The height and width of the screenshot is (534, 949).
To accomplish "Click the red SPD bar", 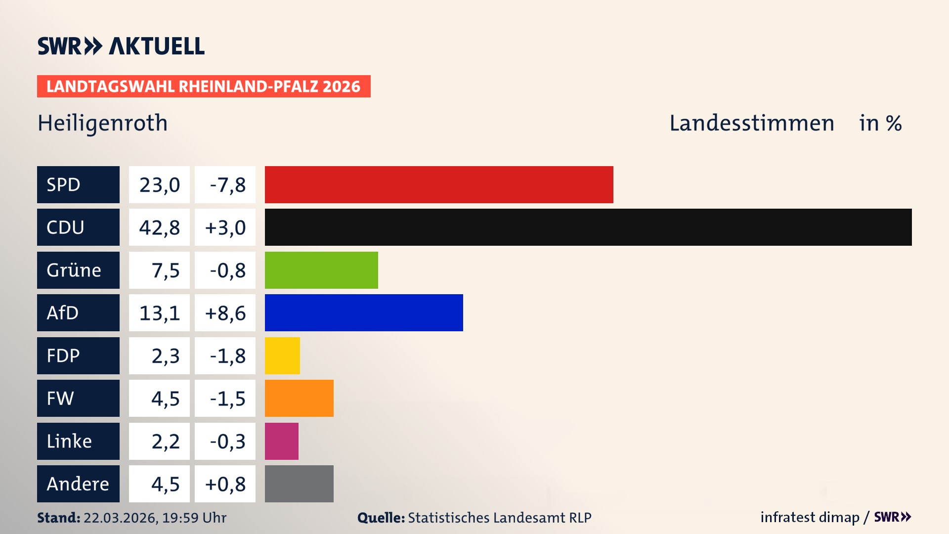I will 439,184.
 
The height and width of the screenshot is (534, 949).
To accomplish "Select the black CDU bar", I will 588,227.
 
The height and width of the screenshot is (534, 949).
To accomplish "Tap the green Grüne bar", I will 321,270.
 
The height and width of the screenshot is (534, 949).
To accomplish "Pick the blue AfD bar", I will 364,312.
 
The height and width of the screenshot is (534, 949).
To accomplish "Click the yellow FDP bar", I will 282,356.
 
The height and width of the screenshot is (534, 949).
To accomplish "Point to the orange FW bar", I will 299,398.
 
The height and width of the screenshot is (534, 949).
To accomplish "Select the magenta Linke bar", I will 282,441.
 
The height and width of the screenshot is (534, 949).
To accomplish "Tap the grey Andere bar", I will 299,484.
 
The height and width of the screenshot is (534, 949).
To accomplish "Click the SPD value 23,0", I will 159,184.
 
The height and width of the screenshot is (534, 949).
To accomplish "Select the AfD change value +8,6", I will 225,312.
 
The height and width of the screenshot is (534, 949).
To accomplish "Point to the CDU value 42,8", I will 159,227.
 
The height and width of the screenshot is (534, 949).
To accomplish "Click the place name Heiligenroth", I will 103,123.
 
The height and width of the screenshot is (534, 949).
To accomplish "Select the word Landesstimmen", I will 751,123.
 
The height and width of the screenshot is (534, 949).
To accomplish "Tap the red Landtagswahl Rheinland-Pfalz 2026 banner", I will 204,86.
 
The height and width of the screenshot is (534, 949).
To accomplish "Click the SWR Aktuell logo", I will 121,46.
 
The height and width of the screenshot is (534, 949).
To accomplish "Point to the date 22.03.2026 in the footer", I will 120,518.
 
